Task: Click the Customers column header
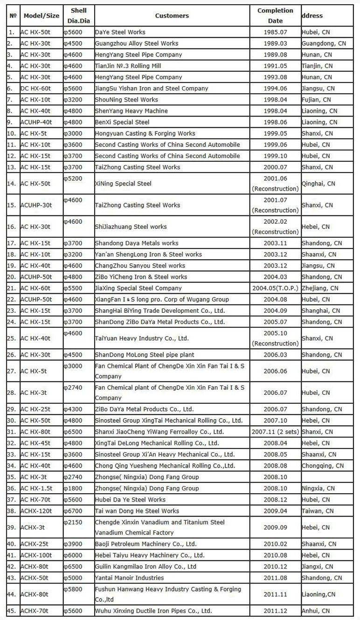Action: click(x=172, y=16)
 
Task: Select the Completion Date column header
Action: click(x=275, y=16)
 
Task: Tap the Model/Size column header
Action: click(x=41, y=16)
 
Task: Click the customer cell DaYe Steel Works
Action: click(x=120, y=32)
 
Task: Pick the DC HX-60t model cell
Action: click(x=35, y=89)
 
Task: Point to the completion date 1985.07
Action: click(x=275, y=32)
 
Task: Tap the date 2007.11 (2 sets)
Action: click(x=275, y=432)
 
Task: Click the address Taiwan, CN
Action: click(x=318, y=511)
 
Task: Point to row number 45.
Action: click(x=11, y=611)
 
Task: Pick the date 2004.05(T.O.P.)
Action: click(x=275, y=288)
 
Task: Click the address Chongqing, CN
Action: click(x=323, y=466)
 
